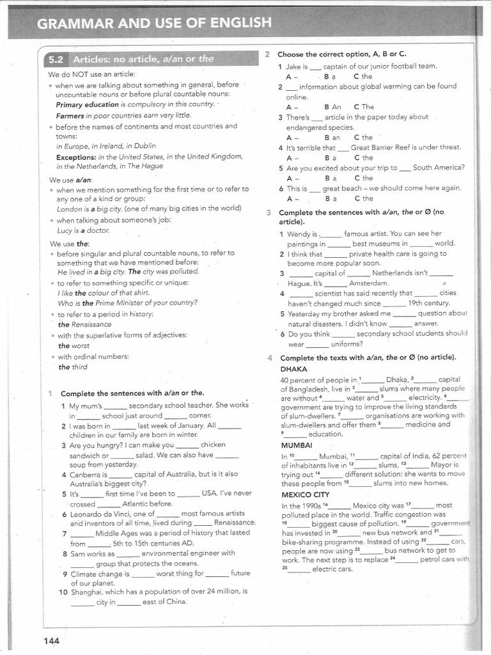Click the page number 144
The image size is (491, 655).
[x=52, y=640]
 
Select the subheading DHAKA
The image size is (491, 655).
[x=293, y=369]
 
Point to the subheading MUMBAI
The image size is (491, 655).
[x=296, y=445]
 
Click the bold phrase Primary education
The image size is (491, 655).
[x=88, y=104]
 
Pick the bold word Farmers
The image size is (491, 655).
[x=71, y=115]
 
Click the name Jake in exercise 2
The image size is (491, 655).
[x=293, y=66]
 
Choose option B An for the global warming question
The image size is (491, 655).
[x=332, y=107]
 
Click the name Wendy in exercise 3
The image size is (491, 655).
[x=299, y=233]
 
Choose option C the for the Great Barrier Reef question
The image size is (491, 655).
[x=363, y=157]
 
